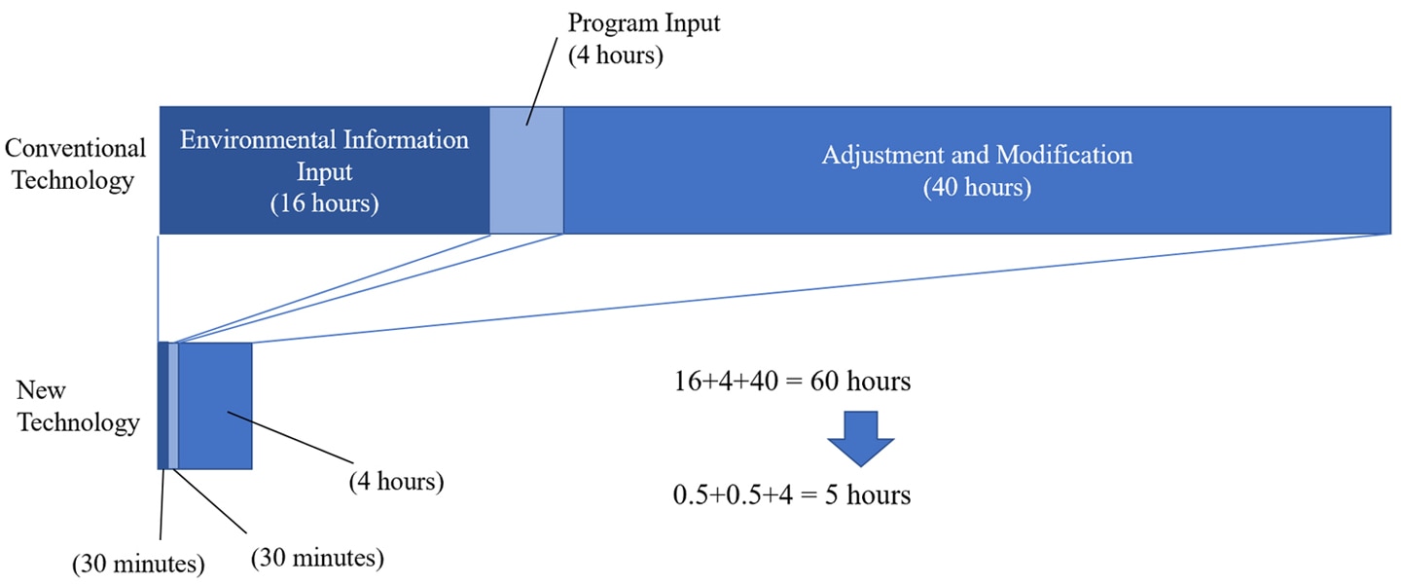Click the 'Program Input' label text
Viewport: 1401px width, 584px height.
click(x=644, y=23)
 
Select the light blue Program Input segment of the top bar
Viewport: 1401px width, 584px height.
click(x=526, y=170)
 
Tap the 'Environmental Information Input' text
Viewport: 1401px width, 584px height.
click(x=324, y=155)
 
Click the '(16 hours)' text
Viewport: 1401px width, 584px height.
click(x=325, y=203)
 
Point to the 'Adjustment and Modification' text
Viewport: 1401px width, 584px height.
click(x=977, y=155)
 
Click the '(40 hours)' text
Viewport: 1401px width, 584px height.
click(x=977, y=187)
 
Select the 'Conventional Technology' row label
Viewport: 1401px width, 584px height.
click(x=74, y=164)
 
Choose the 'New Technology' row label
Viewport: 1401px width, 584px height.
click(x=78, y=406)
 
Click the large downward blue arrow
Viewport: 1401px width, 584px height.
click(x=861, y=438)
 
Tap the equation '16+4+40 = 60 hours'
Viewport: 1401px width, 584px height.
click(x=792, y=382)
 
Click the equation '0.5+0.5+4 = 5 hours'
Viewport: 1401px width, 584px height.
click(x=792, y=495)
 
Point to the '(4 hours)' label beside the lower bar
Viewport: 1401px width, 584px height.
click(x=397, y=482)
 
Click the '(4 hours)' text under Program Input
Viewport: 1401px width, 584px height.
click(x=616, y=55)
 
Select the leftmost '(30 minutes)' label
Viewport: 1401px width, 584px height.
click(x=138, y=564)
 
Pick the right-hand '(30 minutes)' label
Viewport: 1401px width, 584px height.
click(x=317, y=558)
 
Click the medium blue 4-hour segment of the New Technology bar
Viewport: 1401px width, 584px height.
click(x=215, y=406)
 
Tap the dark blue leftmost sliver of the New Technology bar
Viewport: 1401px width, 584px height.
click(x=163, y=406)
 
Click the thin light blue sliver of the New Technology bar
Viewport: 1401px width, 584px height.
click(x=173, y=406)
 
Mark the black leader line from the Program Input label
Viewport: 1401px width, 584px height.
click(x=542, y=82)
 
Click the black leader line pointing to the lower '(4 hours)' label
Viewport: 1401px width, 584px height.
click(x=291, y=438)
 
